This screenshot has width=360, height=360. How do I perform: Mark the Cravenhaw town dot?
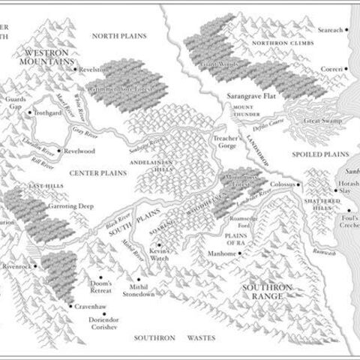(70, 306)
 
